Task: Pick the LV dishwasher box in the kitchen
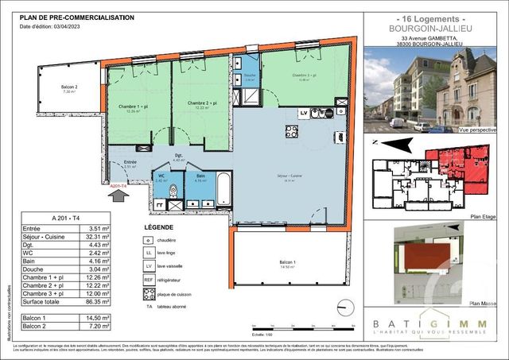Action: tap(303, 113)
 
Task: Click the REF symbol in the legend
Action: tap(147, 279)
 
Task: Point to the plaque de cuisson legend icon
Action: tap(147, 293)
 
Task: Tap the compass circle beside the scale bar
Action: tap(344, 307)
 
